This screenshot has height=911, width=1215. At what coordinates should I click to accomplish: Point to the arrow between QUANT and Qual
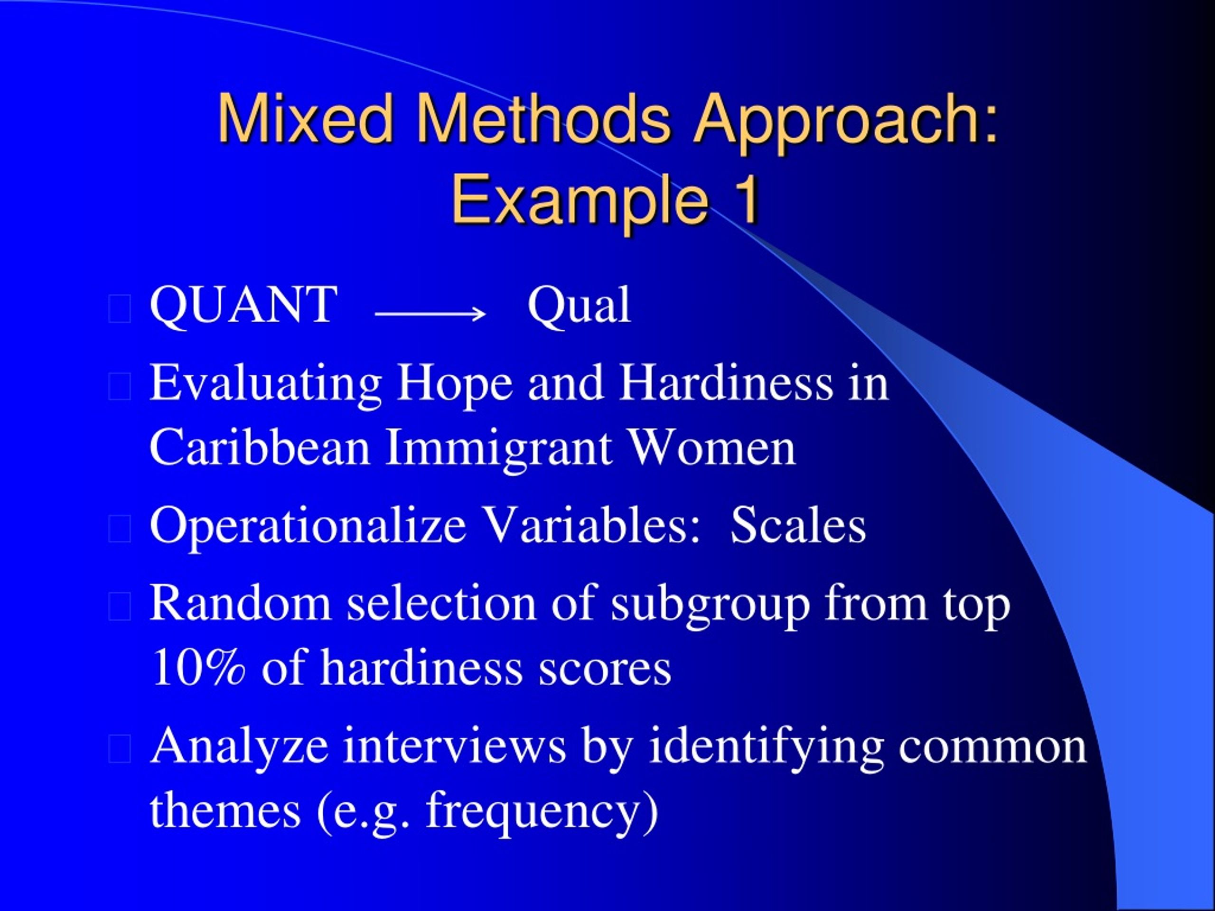[430, 314]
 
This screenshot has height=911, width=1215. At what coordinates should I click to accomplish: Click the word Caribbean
[259, 447]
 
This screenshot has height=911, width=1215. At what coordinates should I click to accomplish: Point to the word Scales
[797, 526]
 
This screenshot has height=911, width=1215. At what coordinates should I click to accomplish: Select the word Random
[240, 604]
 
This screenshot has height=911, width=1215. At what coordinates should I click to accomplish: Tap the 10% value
[198, 668]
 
